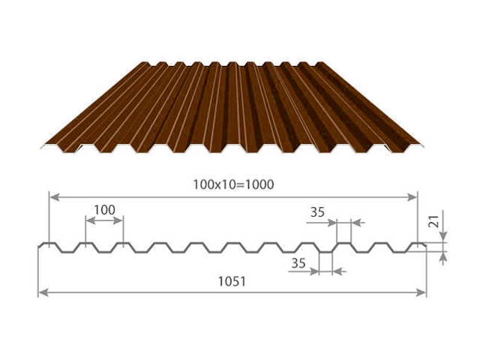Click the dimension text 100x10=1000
pyautogui.click(x=233, y=184)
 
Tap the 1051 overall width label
pyautogui.click(x=232, y=282)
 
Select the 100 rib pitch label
pyautogui.click(x=104, y=210)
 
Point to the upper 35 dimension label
pyautogui.click(x=317, y=212)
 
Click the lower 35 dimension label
pyautogui.click(x=298, y=263)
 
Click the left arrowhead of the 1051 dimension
pyautogui.click(x=43, y=292)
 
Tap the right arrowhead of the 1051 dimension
pyautogui.click(x=421, y=292)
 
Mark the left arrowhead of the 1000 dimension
pyautogui.click(x=54, y=197)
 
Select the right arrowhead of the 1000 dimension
pyautogui.click(x=412, y=197)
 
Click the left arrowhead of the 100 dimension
pyautogui.click(x=91, y=220)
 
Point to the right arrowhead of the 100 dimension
pyautogui.click(x=118, y=220)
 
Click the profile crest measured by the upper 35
pyautogui.click(x=343, y=243)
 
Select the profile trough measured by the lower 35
pyautogui.click(x=325, y=252)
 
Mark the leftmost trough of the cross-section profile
pyautogui.click(x=67, y=252)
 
